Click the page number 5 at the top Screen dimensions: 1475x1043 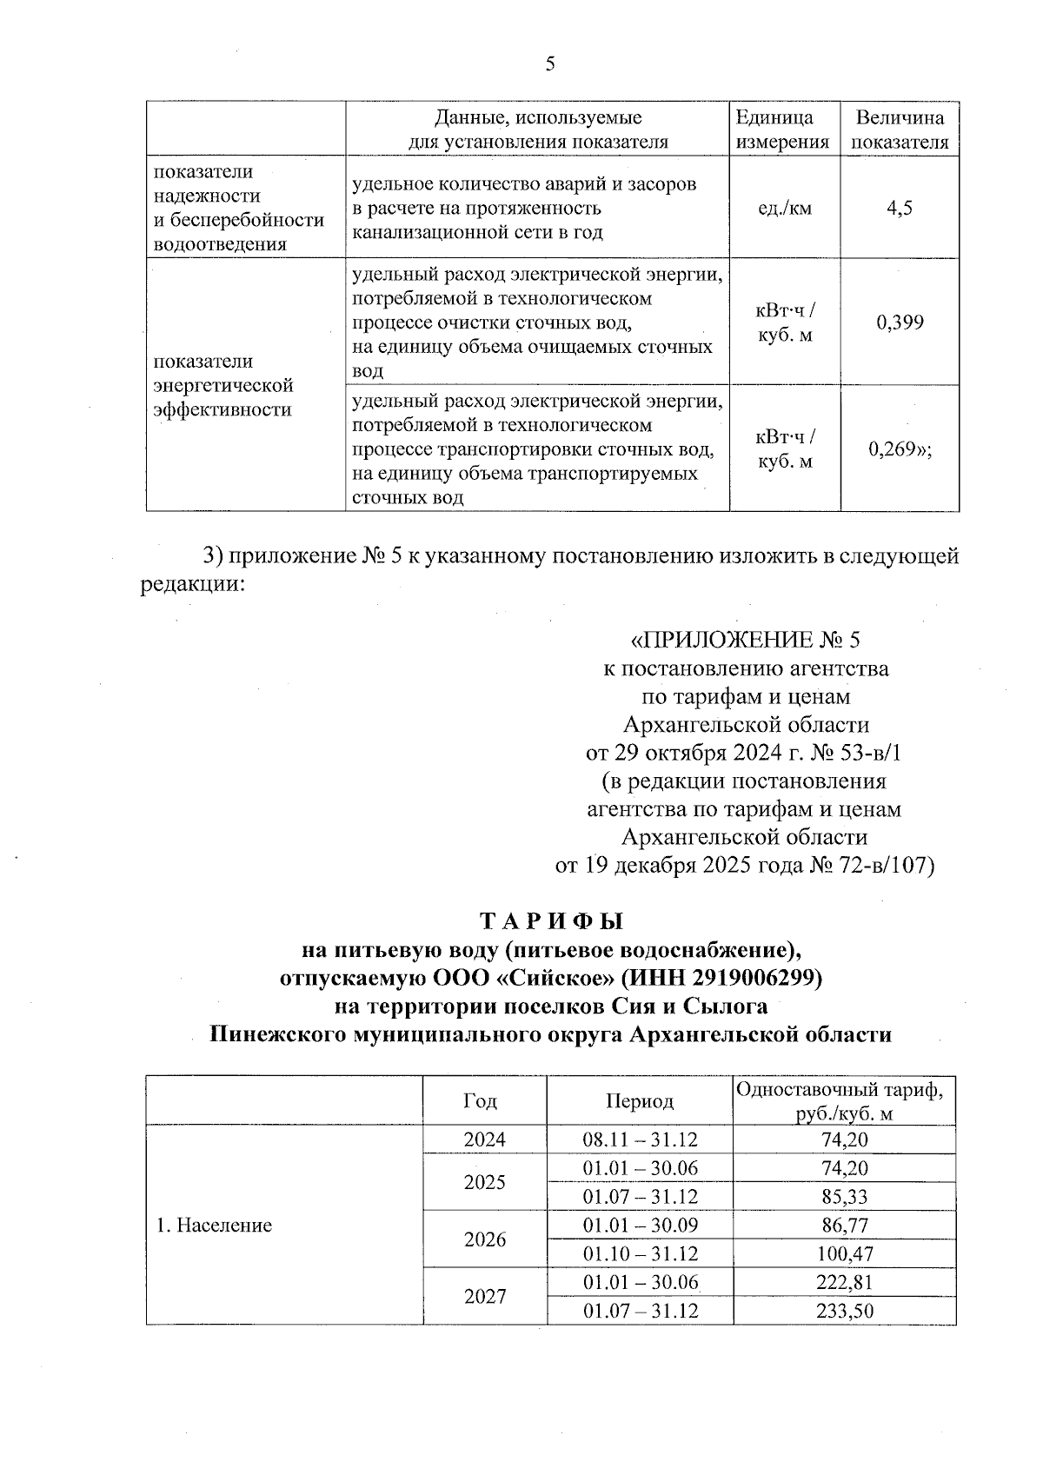pyautogui.click(x=549, y=63)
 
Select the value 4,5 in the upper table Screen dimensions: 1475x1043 pyautogui.click(x=900, y=208)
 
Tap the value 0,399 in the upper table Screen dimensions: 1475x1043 pyautogui.click(x=900, y=322)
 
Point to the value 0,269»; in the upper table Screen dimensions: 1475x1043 pyautogui.click(x=900, y=449)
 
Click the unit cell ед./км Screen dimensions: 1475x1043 pyautogui.click(x=785, y=208)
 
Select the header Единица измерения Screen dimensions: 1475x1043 pyautogui.click(x=782, y=130)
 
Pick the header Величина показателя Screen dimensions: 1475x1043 pyautogui.click(x=900, y=130)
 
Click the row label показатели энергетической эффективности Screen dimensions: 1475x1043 pyautogui.click(x=223, y=385)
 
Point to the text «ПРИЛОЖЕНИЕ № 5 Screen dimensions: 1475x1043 pyautogui.click(x=745, y=641)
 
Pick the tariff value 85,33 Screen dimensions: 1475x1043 pyautogui.click(x=843, y=1196)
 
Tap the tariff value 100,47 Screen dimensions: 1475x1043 pyautogui.click(x=843, y=1253)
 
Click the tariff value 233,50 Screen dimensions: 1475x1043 pyautogui.click(x=843, y=1311)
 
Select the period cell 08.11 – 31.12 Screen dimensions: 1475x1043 pyautogui.click(x=640, y=1139)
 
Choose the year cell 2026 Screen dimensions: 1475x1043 pyautogui.click(x=484, y=1239)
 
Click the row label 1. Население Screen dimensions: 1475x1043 pyautogui.click(x=214, y=1226)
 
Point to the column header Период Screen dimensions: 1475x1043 pyautogui.click(x=640, y=1101)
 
